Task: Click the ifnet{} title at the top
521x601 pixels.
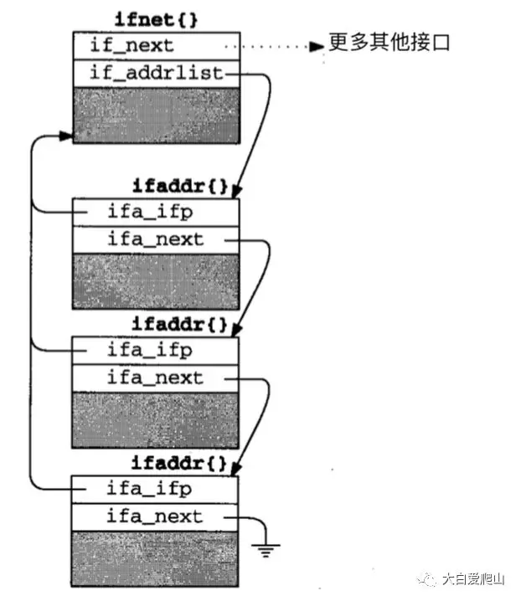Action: [159, 18]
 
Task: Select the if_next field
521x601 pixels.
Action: [133, 44]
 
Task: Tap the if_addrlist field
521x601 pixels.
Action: [157, 73]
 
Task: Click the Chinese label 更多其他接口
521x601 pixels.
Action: [389, 43]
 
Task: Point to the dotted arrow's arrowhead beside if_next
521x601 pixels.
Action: [317, 46]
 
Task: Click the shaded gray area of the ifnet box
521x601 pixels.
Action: [157, 114]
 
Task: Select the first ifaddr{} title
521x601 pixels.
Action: [180, 184]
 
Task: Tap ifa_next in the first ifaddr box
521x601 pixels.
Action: [155, 239]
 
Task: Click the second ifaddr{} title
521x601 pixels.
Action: [180, 323]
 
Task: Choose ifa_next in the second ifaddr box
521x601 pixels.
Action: [155, 378]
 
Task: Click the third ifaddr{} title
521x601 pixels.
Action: [180, 461]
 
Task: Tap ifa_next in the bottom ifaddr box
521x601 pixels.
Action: [155, 516]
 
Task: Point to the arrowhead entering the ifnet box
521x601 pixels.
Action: [65, 135]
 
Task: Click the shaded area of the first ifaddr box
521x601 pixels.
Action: [157, 280]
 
